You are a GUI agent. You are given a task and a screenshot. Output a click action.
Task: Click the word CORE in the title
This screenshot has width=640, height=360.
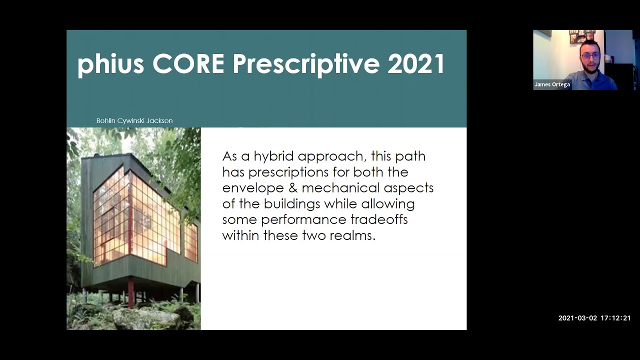(x=188, y=64)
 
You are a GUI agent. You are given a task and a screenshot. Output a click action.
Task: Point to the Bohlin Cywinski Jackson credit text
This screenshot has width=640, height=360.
(x=134, y=120)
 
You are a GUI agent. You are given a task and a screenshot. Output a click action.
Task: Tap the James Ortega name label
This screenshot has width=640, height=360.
(x=552, y=84)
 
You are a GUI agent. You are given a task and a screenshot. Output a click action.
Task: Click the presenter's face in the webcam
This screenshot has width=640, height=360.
(x=590, y=56)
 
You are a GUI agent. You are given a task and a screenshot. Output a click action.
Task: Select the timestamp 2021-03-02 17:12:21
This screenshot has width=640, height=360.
(x=594, y=318)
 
